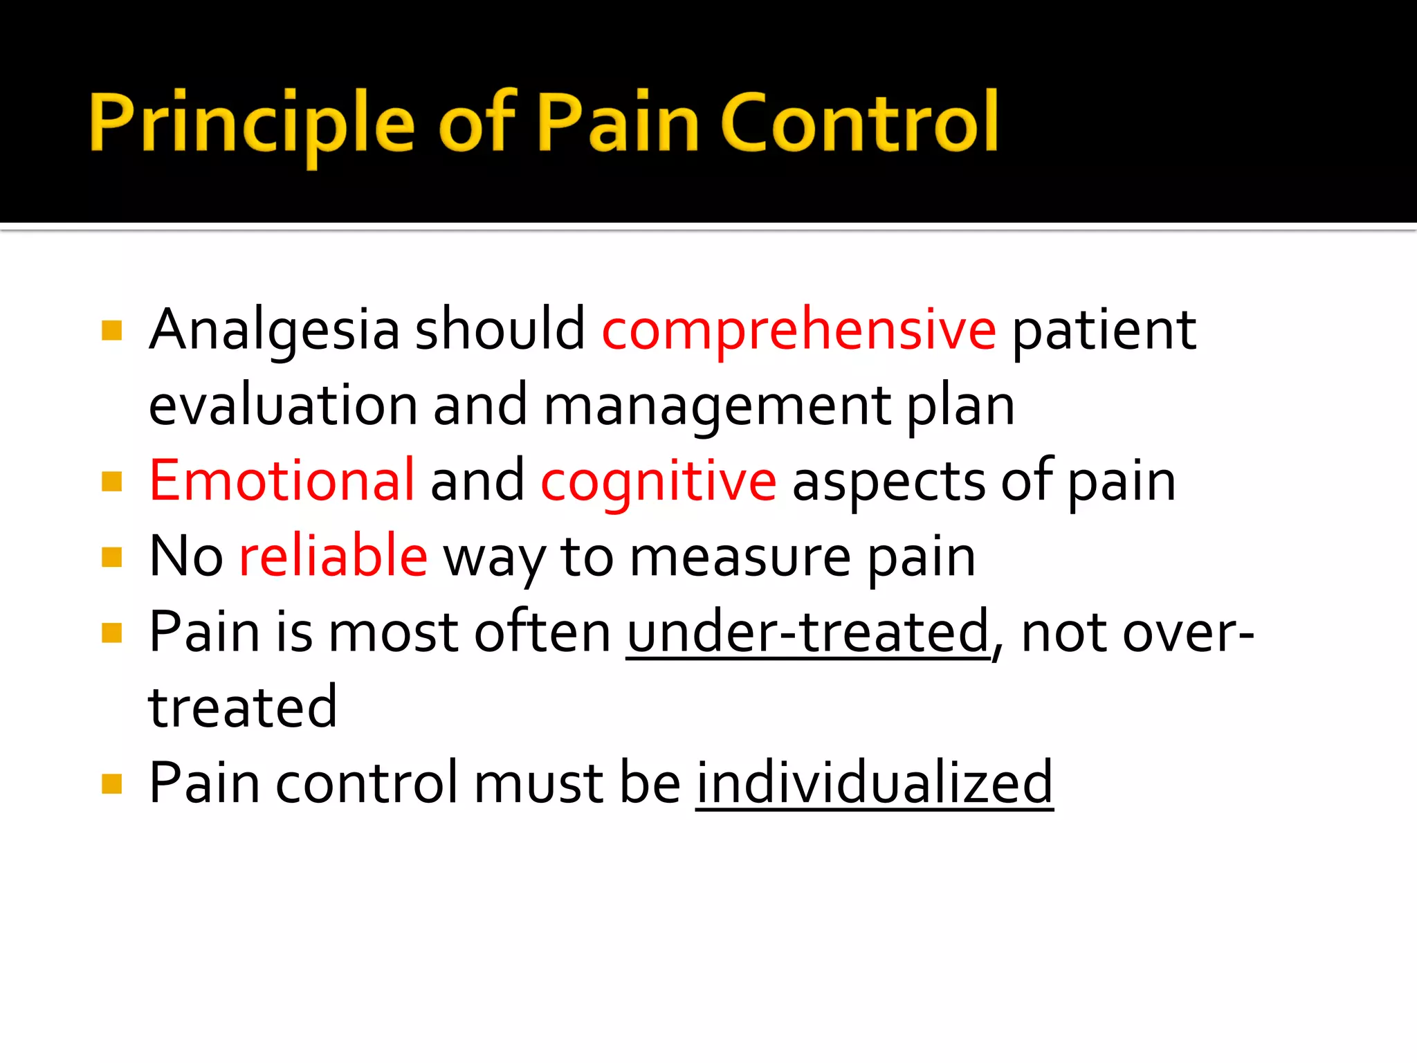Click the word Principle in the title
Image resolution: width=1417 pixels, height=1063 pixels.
click(252, 123)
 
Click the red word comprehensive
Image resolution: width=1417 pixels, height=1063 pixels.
click(798, 331)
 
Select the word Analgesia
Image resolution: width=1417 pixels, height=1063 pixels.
click(274, 331)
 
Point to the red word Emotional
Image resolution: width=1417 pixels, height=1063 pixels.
click(282, 481)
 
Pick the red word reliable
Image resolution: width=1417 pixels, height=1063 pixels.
click(333, 556)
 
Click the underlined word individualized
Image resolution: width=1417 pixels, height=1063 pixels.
click(874, 783)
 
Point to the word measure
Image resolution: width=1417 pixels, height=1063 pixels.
click(740, 558)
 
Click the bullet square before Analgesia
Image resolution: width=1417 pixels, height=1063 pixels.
click(111, 330)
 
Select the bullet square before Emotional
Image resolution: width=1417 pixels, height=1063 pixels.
click(111, 481)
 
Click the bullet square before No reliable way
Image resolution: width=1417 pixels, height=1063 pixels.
click(111, 556)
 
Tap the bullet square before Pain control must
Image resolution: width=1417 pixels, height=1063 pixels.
click(111, 783)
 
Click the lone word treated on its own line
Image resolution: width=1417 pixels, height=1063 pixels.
click(242, 707)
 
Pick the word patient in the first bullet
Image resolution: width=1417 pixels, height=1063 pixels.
click(1104, 331)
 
